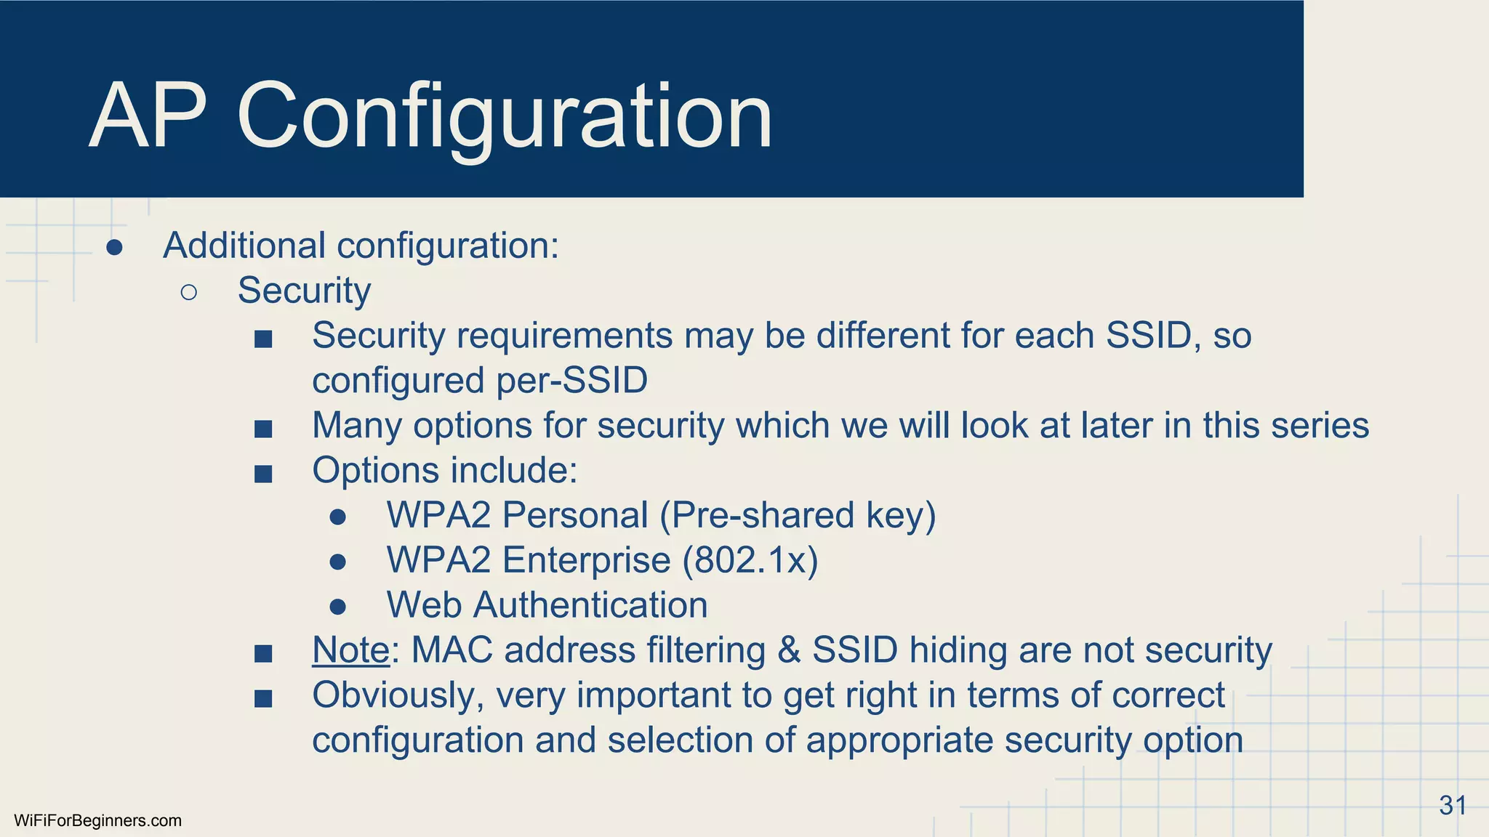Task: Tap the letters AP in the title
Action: coord(148,116)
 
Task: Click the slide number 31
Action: coord(1453,806)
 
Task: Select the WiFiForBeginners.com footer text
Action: coord(97,821)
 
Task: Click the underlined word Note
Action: coord(350,650)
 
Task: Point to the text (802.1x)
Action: coord(750,560)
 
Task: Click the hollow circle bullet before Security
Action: coord(188,292)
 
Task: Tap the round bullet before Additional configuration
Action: coord(114,248)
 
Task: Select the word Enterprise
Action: coord(586,560)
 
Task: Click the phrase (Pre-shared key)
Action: coord(798,515)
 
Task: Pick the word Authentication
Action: coord(590,605)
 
